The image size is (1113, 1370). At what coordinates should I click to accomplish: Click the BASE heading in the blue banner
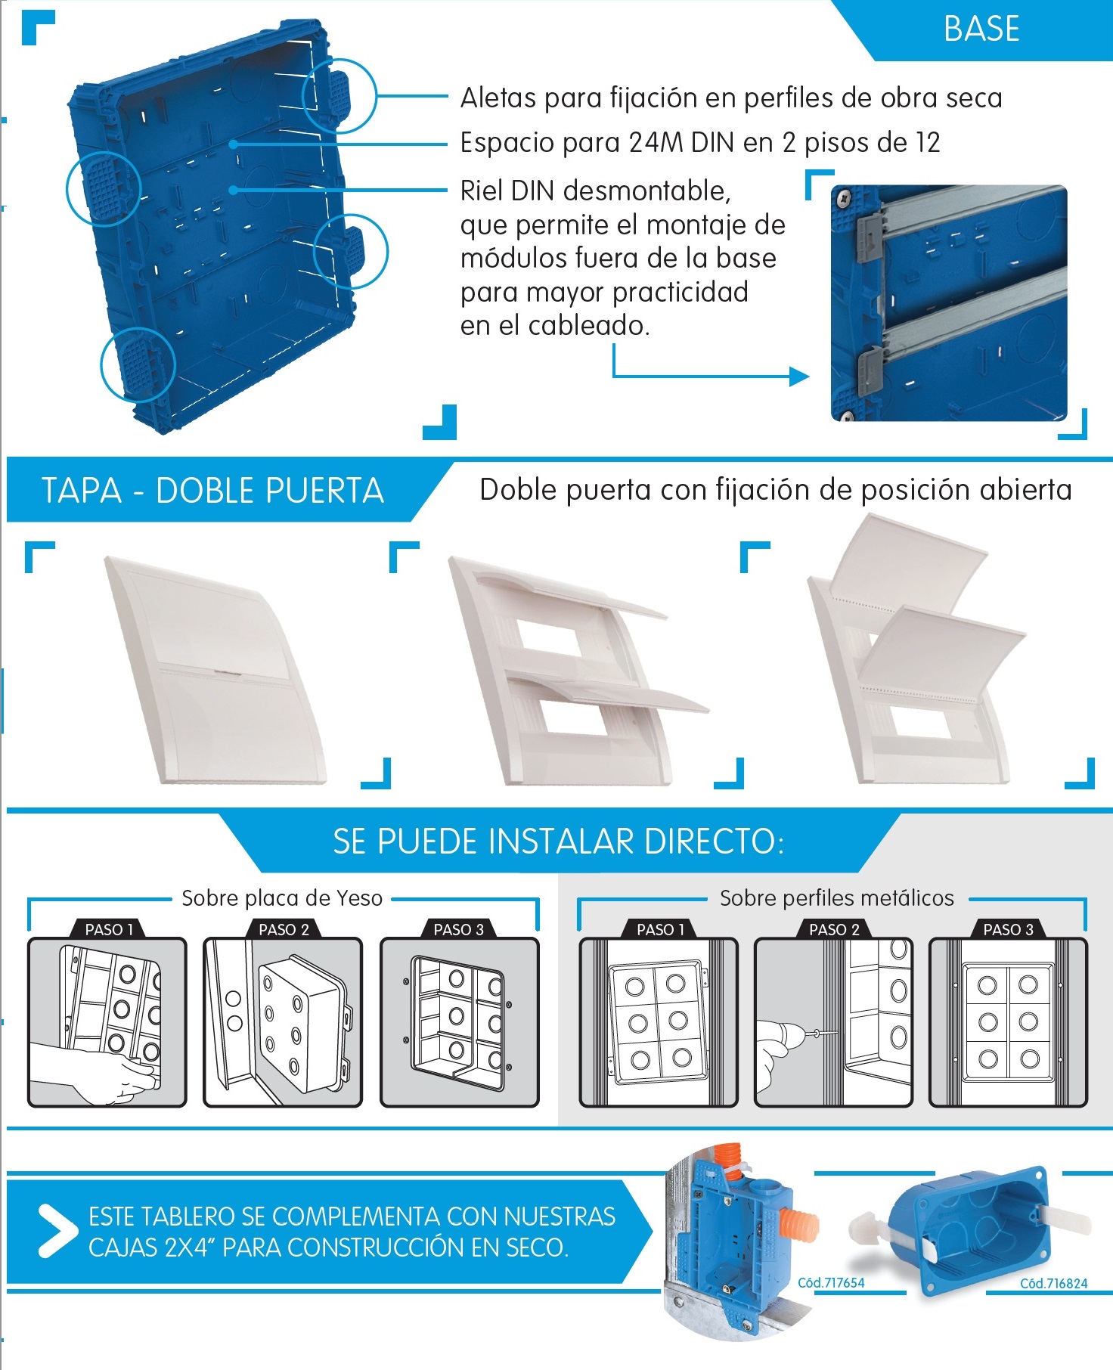(981, 29)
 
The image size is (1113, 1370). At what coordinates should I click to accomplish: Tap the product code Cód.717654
(831, 1282)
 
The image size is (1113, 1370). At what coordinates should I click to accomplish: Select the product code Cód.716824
(1053, 1283)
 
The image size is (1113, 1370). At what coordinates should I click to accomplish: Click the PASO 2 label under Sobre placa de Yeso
(284, 929)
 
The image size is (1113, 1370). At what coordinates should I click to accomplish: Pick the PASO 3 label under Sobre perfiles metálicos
(1008, 929)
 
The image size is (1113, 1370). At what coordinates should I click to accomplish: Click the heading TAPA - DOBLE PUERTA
(212, 490)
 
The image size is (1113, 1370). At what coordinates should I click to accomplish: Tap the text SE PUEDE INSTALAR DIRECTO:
(558, 841)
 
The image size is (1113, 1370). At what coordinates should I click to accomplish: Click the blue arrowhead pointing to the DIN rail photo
(799, 376)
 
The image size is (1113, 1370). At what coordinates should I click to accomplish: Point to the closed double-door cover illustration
(215, 670)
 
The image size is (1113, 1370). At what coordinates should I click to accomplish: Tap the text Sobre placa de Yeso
(282, 898)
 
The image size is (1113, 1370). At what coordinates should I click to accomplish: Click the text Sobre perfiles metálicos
(837, 898)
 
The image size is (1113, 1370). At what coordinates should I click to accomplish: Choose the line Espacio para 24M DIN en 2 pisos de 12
(700, 142)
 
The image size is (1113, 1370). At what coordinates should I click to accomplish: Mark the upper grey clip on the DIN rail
(870, 235)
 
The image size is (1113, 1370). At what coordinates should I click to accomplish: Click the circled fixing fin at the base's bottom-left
(138, 364)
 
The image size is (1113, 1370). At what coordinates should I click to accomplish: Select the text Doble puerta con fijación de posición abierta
(776, 490)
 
